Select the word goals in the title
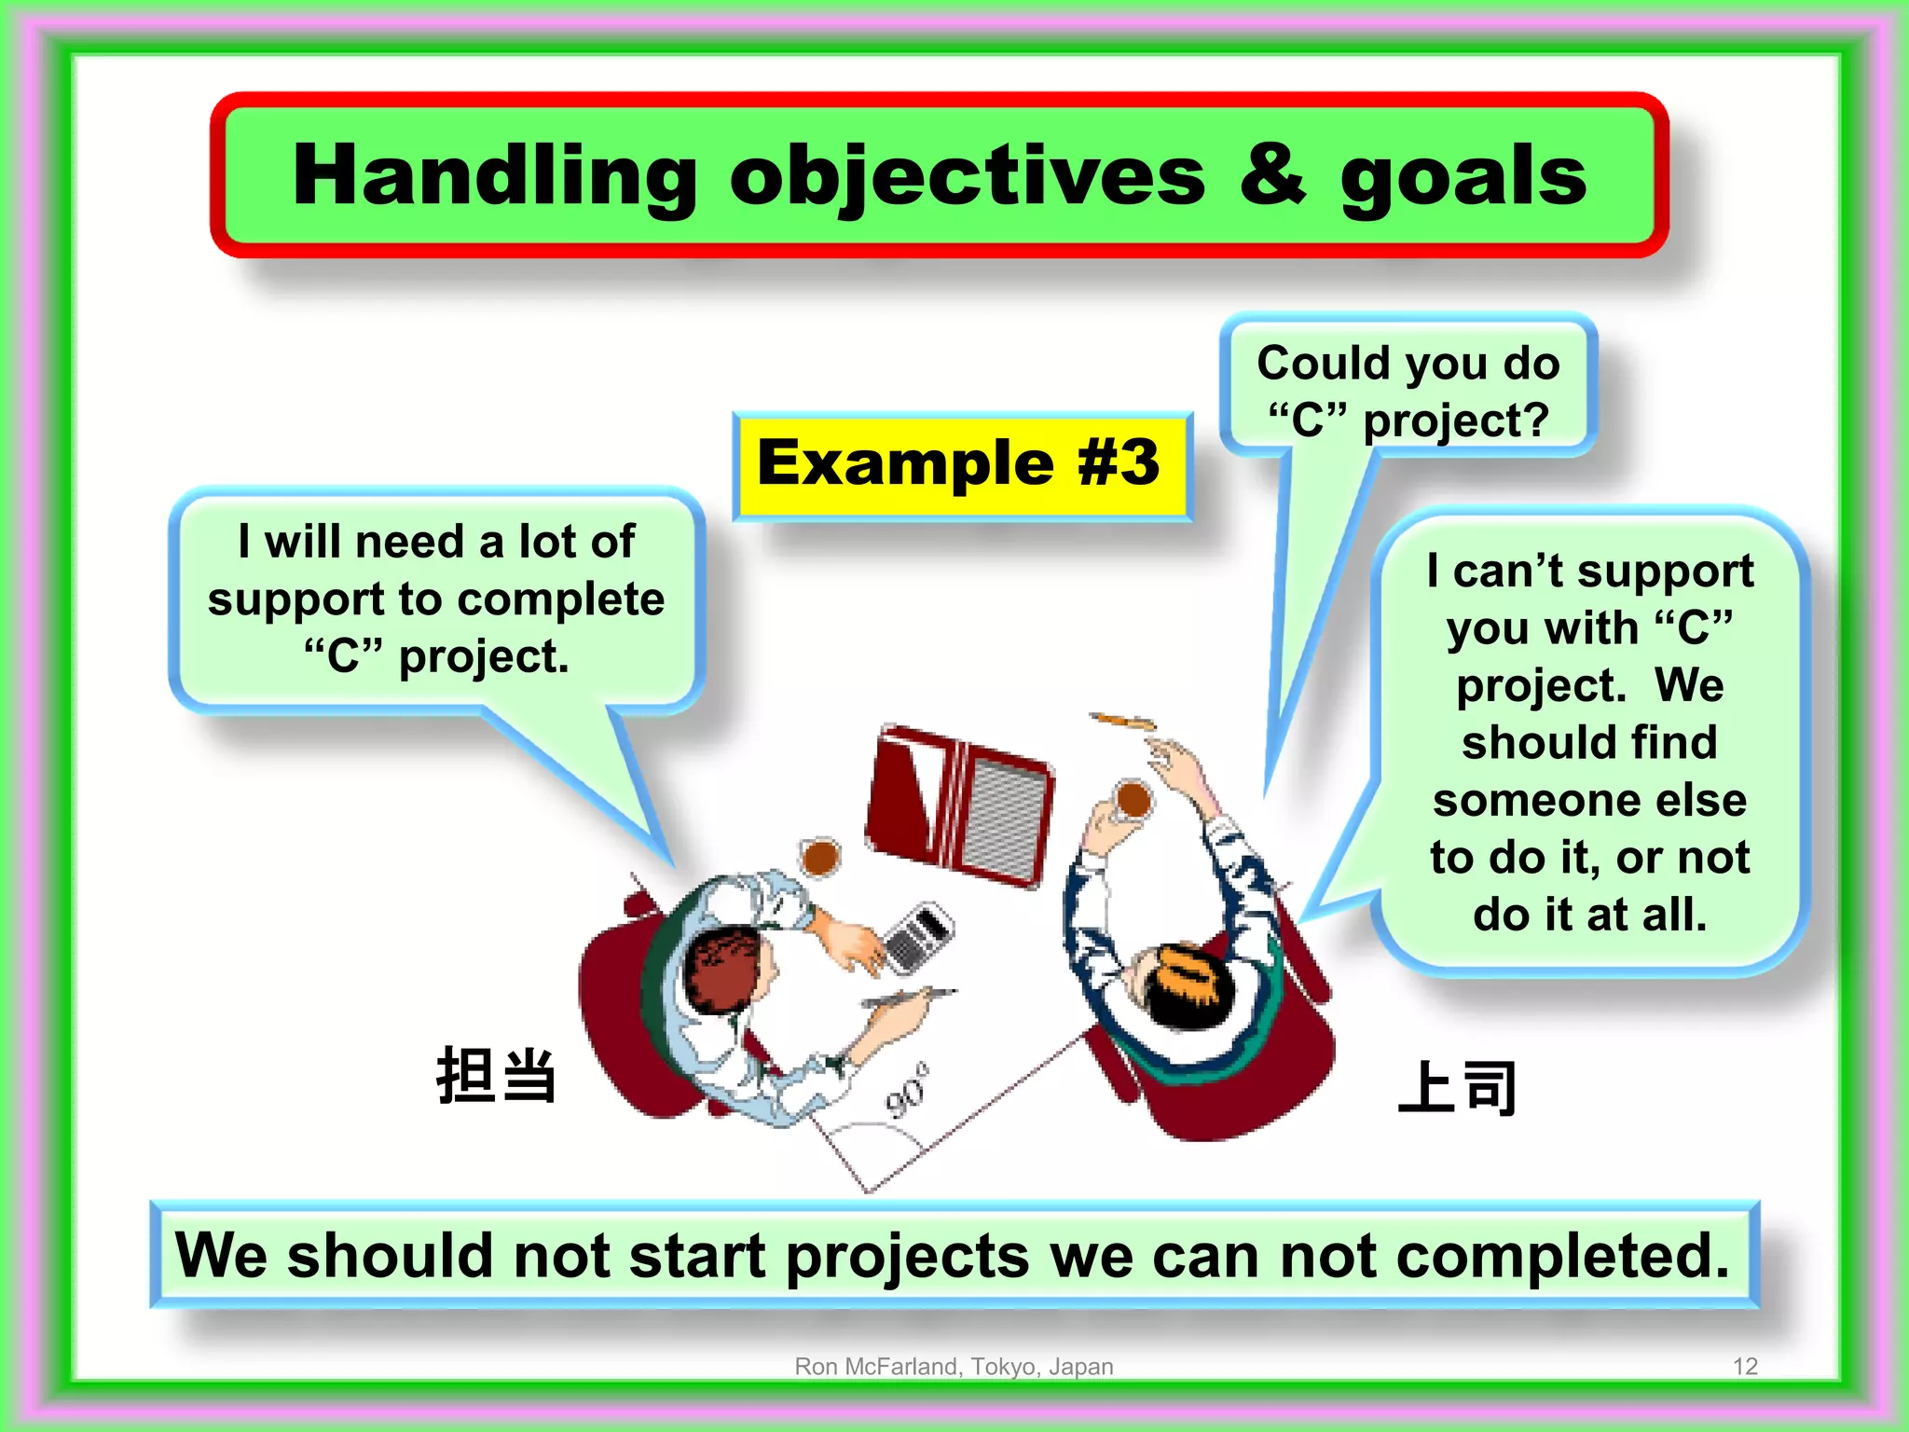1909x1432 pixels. pos(1463,177)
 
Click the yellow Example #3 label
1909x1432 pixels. pos(960,464)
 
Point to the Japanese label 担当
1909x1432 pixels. pos(496,1076)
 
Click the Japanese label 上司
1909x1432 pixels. pos(1457,1087)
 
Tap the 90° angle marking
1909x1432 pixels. pos(907,1090)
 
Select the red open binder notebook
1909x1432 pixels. pos(960,806)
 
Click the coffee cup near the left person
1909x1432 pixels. pos(820,855)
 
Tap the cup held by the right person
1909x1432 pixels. pos(1133,799)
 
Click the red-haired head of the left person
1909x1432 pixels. pos(722,970)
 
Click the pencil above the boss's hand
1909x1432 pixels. pos(1123,721)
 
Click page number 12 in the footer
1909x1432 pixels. pos(1744,1366)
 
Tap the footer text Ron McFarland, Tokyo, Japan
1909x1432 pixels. pos(954,1366)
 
